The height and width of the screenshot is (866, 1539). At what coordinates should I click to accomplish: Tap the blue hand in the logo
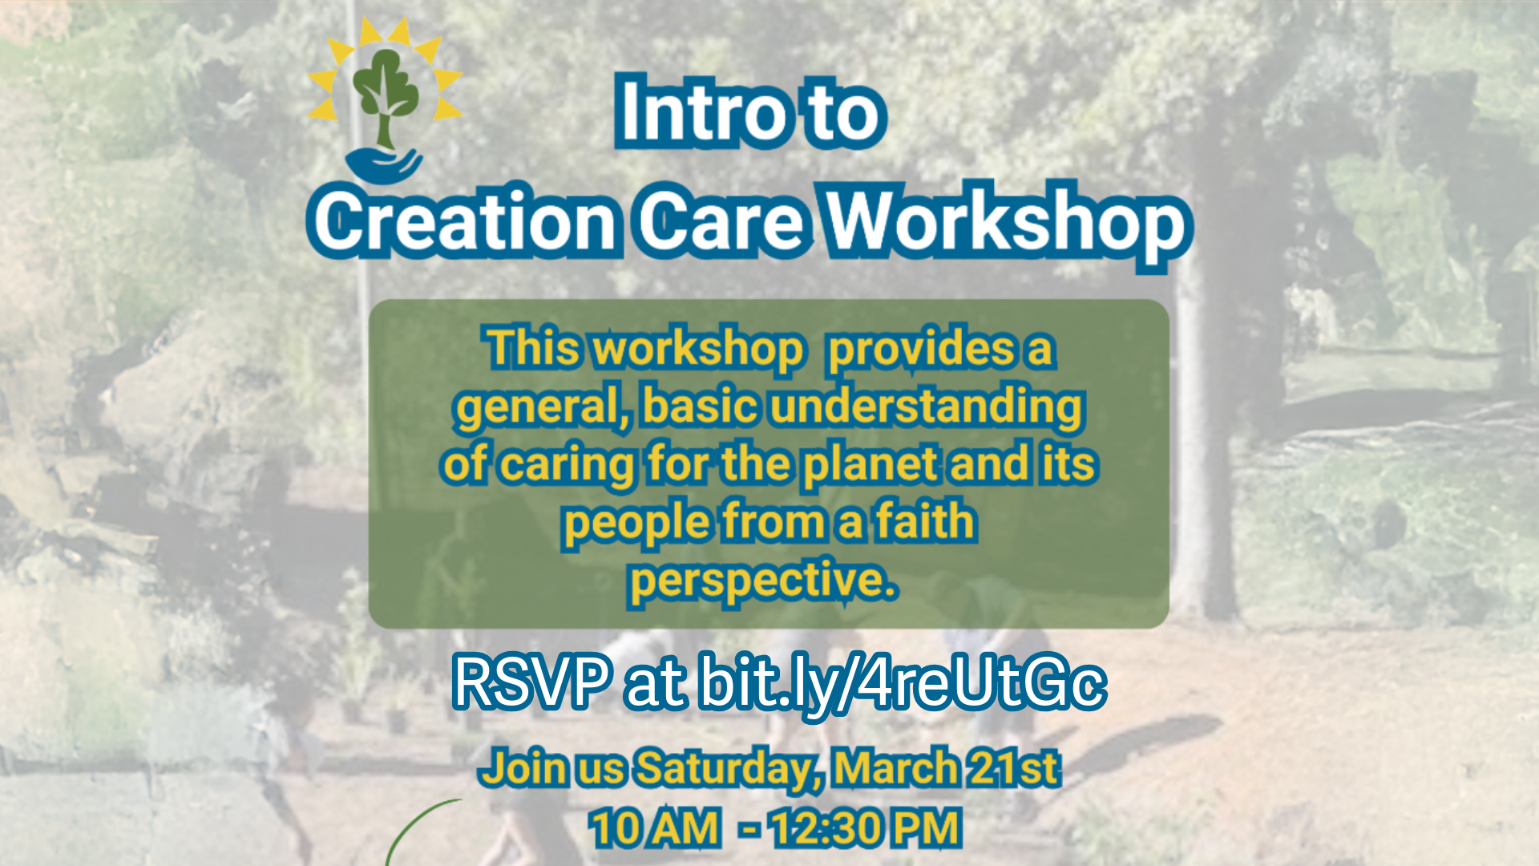tap(384, 164)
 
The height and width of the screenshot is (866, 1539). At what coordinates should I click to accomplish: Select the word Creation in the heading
tap(464, 221)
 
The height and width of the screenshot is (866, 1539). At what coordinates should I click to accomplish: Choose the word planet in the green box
tap(871, 465)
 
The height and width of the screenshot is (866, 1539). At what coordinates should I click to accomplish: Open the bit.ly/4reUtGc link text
tap(902, 683)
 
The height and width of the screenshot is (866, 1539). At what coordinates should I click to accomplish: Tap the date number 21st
tap(1014, 767)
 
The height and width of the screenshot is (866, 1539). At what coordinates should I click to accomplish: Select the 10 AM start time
tap(654, 828)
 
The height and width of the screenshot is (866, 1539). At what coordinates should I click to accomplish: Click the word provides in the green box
tap(921, 350)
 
